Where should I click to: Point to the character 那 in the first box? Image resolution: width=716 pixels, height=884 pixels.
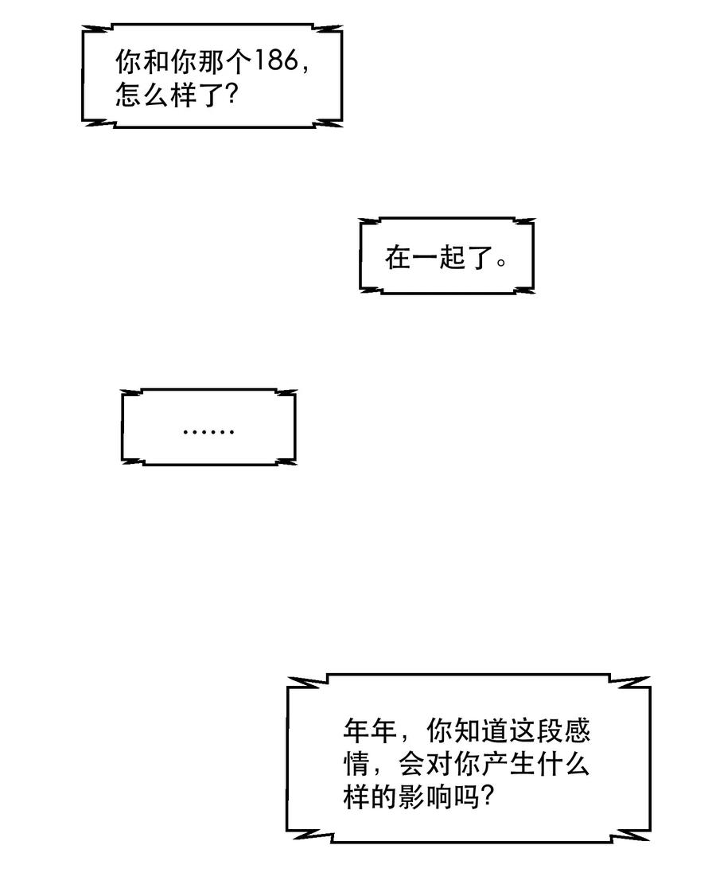tap(211, 61)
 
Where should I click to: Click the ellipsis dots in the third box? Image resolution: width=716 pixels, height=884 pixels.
tap(208, 432)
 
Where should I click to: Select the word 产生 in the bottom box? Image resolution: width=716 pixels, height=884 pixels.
tap(508, 765)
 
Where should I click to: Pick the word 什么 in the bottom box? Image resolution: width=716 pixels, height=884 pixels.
tap(562, 765)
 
